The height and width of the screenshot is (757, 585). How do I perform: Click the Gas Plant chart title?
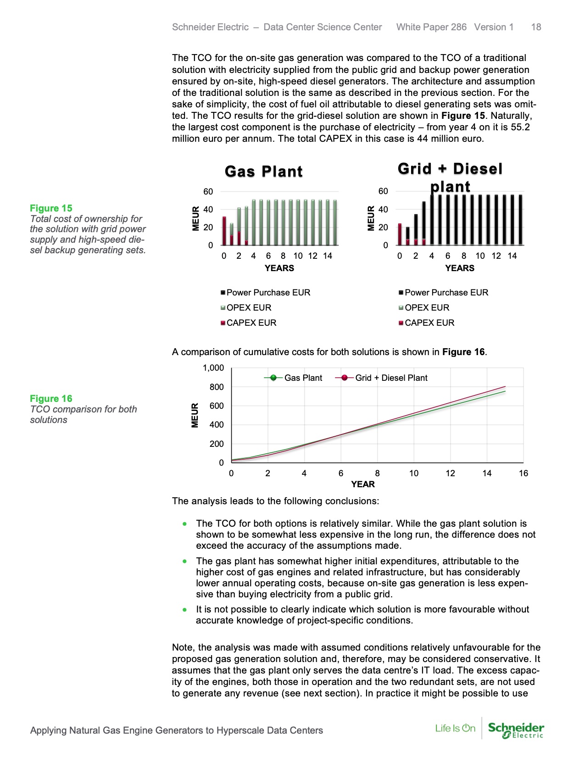[263, 172]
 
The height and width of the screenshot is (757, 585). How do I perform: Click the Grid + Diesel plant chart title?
[450, 177]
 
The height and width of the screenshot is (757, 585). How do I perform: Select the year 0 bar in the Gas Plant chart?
[224, 231]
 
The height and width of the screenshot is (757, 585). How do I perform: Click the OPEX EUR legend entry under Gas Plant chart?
[248, 308]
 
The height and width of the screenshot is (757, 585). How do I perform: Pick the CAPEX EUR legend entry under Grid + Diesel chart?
[429, 323]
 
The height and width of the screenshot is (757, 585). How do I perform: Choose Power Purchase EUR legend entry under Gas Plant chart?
[267, 293]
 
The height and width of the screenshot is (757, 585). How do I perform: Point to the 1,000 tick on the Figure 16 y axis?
[213, 368]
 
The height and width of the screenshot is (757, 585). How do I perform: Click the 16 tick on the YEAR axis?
[523, 473]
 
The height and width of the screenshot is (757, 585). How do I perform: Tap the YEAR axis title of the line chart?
[362, 484]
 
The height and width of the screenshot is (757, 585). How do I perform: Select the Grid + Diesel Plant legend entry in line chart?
[390, 378]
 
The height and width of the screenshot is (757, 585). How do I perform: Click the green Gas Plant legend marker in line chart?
[273, 378]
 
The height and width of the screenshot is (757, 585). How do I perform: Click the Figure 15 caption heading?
[51, 208]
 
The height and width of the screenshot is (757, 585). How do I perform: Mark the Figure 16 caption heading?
[51, 399]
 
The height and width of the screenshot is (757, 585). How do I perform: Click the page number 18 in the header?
[536, 27]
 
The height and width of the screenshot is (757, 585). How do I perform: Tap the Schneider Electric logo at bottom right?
[516, 730]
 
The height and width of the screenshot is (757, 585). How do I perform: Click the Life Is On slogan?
[455, 729]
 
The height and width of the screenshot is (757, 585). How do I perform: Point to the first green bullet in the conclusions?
[184, 523]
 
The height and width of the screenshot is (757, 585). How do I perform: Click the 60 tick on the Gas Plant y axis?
[208, 192]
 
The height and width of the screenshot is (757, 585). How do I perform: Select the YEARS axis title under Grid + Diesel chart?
[459, 268]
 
